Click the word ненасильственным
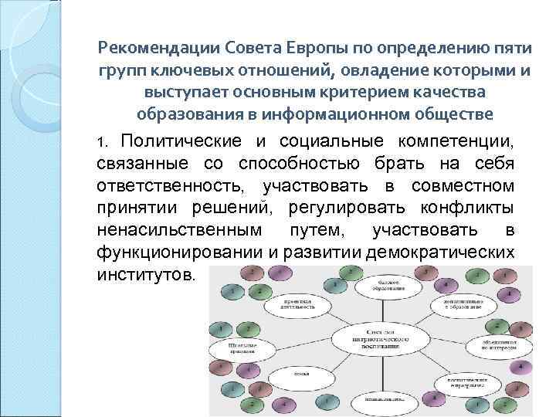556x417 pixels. point(179,231)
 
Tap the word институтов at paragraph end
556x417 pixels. point(147,274)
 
